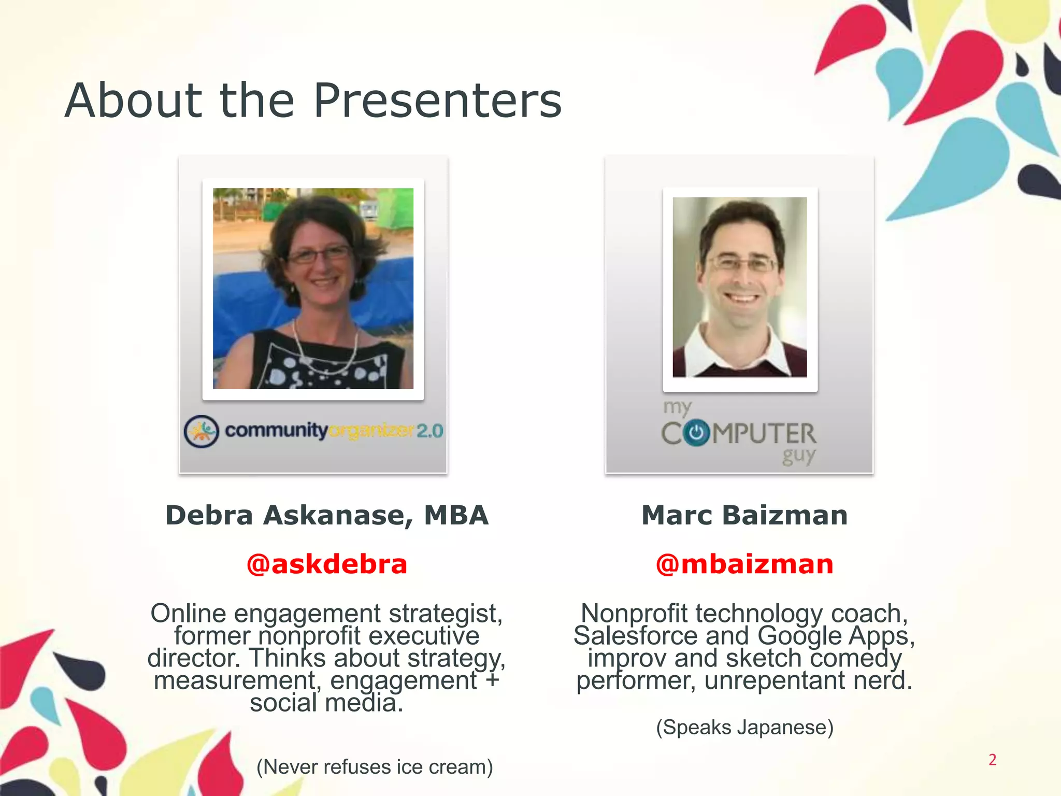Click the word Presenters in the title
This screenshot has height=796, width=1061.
tap(438, 101)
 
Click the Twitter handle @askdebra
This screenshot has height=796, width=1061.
tap(327, 564)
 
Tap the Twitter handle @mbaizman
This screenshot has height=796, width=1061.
tap(744, 564)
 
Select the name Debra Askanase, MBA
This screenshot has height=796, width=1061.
tap(327, 515)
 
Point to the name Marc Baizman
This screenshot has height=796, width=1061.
tap(744, 515)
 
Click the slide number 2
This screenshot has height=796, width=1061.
tap(992, 760)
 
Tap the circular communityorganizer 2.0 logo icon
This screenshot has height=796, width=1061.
tap(201, 431)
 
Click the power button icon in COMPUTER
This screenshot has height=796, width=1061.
tap(696, 433)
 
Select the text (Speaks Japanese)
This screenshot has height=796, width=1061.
tap(744, 727)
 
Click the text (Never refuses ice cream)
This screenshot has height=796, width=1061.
tap(375, 766)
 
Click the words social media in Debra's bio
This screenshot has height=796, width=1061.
tap(326, 703)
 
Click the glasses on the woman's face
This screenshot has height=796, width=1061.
tap(318, 254)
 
